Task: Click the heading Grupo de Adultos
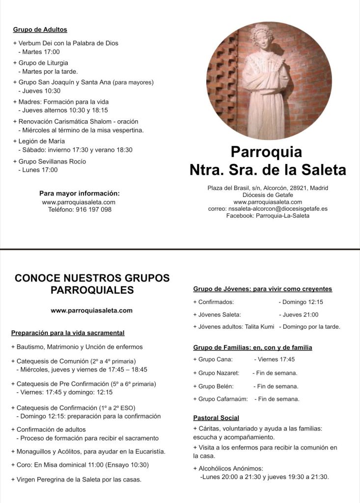click(x=40, y=30)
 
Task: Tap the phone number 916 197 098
click(x=94, y=209)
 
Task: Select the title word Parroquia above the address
click(x=266, y=151)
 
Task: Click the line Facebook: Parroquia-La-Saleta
click(x=268, y=216)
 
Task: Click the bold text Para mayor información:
click(x=80, y=193)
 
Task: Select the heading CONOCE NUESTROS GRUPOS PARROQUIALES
click(x=92, y=284)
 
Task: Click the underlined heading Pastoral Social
click(x=216, y=418)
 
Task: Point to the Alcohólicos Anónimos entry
click(x=228, y=468)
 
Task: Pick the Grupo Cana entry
click(x=213, y=359)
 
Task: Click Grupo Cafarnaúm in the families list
click(x=221, y=399)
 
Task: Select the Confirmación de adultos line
click(x=49, y=429)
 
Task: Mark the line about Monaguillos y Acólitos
click(x=88, y=451)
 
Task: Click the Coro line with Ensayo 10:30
click(x=80, y=465)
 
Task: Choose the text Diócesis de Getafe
click(x=268, y=195)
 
